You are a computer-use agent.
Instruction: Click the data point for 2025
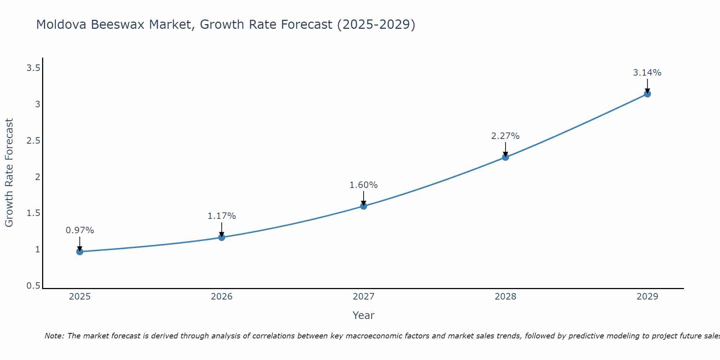(80, 252)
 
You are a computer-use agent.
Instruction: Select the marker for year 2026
(222, 237)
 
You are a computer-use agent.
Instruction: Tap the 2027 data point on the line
(364, 206)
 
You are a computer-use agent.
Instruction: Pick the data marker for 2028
(505, 157)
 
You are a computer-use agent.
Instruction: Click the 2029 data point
(647, 94)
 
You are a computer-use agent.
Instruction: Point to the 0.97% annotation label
(80, 230)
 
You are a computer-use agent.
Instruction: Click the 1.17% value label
(222, 216)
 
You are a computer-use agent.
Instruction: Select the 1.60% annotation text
(364, 185)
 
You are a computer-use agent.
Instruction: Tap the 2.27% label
(505, 136)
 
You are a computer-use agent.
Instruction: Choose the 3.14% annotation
(647, 73)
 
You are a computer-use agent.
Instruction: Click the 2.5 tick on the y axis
(33, 141)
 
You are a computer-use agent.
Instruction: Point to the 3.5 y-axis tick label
(33, 68)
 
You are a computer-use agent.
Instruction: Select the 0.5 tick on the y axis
(33, 286)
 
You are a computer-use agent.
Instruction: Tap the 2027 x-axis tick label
(364, 297)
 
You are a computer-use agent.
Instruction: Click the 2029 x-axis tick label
(647, 297)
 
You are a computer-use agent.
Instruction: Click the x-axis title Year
(364, 315)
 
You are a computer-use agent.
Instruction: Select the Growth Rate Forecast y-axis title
(9, 173)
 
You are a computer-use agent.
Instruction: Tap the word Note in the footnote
(54, 336)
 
